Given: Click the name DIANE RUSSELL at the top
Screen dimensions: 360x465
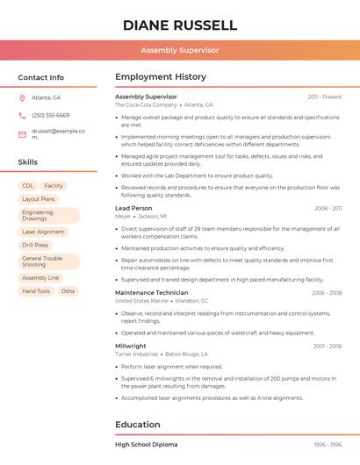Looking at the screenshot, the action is point(180,25).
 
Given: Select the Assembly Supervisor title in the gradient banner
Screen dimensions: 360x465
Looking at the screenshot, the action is point(180,50).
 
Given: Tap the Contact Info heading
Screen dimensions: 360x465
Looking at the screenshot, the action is point(41,77).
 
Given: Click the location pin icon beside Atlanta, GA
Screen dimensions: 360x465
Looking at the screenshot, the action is point(22,97).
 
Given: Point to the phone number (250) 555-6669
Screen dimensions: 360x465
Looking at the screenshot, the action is point(50,115).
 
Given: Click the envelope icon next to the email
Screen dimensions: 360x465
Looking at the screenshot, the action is point(22,134).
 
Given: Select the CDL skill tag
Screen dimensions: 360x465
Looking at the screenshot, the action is point(28,186).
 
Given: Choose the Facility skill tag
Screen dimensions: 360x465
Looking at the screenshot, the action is point(54,186).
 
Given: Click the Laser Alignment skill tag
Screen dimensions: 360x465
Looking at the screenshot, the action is point(43,232).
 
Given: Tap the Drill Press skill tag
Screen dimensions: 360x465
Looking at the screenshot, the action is point(35,246).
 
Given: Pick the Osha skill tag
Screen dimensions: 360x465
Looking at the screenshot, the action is point(68,291).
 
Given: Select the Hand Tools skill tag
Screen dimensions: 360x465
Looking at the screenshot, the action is point(36,291).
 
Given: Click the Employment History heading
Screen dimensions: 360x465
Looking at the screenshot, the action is point(161,77).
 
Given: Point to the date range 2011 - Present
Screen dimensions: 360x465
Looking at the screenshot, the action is point(324,97).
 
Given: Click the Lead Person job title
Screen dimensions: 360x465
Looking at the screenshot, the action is point(133,208).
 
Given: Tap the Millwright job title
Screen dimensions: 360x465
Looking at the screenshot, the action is point(131,346).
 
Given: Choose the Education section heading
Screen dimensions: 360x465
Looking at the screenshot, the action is point(138,425).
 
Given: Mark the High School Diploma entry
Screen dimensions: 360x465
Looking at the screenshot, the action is point(147,445).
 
